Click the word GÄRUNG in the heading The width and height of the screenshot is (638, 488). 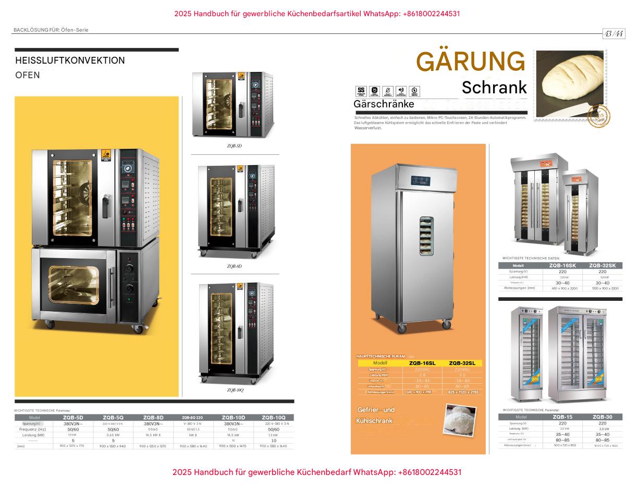point(471,62)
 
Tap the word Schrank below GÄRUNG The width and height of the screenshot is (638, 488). point(494,88)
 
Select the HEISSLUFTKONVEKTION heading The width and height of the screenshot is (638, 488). point(70,60)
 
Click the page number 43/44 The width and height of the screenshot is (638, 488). point(614,34)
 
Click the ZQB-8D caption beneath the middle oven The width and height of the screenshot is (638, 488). point(234,266)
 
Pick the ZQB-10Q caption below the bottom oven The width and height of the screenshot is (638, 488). point(235,390)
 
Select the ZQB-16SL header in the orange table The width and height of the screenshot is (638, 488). point(422,363)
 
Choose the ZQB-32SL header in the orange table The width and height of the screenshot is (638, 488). point(462,363)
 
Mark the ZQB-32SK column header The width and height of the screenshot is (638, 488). point(603,265)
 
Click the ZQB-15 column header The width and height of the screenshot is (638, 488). point(562,417)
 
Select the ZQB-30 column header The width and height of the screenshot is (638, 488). point(602,417)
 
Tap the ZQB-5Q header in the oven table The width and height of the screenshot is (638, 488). point(113,418)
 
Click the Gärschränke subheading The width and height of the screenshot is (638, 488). point(384,104)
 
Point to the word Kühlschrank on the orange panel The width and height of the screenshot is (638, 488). point(374,421)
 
